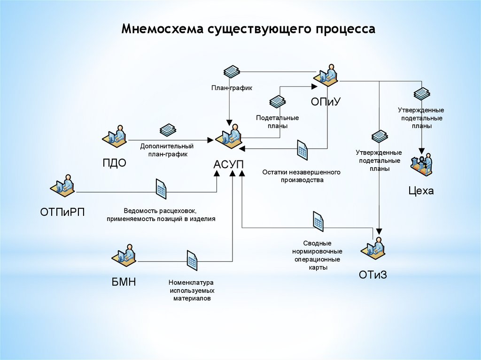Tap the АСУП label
229,165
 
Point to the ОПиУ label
325,102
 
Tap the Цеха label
421,191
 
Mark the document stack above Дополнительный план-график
168,130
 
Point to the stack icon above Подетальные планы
277,102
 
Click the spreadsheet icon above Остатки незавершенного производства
302,150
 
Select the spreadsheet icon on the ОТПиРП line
161,189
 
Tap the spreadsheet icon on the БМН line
192,260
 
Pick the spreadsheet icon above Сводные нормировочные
318,221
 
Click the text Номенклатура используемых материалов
191,291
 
